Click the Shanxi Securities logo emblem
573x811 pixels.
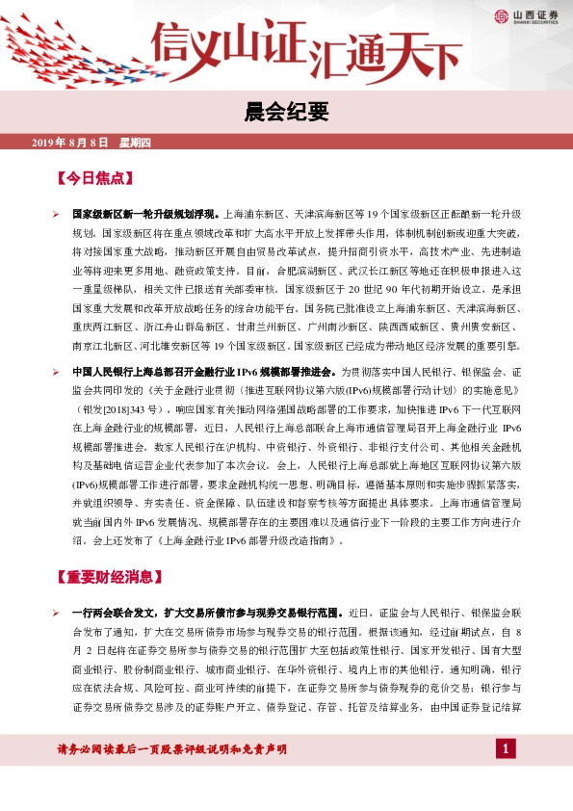[501, 14]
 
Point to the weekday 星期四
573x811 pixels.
[135, 144]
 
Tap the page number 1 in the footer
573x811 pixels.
[507, 748]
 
